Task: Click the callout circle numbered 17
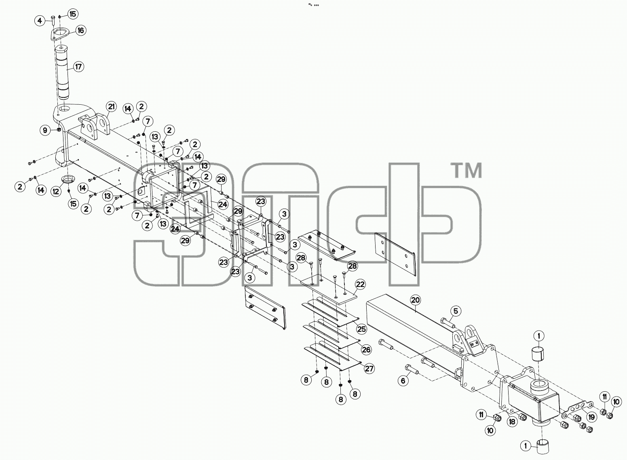point(78,67)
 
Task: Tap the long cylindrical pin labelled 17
point(64,74)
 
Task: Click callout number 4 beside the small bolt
point(40,21)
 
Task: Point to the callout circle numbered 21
point(112,107)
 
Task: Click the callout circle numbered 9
point(45,130)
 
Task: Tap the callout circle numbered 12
point(56,191)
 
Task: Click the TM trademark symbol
point(467,171)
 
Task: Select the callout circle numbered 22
point(360,285)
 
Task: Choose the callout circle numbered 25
point(362,329)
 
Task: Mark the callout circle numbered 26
point(366,350)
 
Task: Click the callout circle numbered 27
point(369,369)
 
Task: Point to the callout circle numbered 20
point(416,300)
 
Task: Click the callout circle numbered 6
point(403,380)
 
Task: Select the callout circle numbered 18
point(512,422)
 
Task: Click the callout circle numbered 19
point(591,417)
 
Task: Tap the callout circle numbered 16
point(81,30)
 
